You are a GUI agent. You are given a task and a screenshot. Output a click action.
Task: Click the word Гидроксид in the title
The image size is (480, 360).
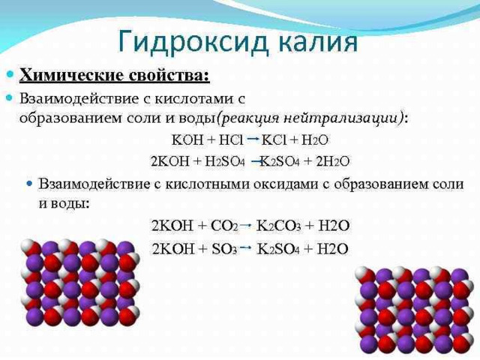coord(193,42)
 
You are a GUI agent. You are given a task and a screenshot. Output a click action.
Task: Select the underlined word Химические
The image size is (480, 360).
coord(72,76)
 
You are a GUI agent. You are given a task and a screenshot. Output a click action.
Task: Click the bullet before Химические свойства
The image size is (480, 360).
coord(10,74)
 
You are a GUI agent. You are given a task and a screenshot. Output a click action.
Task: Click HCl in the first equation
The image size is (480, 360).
coord(231,140)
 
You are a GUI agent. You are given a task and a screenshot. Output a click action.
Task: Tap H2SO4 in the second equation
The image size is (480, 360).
coord(225,161)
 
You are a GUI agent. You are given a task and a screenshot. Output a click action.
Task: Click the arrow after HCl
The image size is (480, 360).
coord(253,139)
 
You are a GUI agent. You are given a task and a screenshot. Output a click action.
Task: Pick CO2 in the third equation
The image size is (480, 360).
coord(224,226)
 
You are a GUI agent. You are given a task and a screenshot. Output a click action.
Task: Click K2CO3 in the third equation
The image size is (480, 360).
coord(279,226)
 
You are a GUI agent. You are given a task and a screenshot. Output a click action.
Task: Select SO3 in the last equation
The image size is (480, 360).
coord(224,249)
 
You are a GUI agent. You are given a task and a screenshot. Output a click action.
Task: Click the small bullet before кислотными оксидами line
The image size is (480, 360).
coord(29,184)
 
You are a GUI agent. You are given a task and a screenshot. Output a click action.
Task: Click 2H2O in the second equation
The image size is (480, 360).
coord(332,161)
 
